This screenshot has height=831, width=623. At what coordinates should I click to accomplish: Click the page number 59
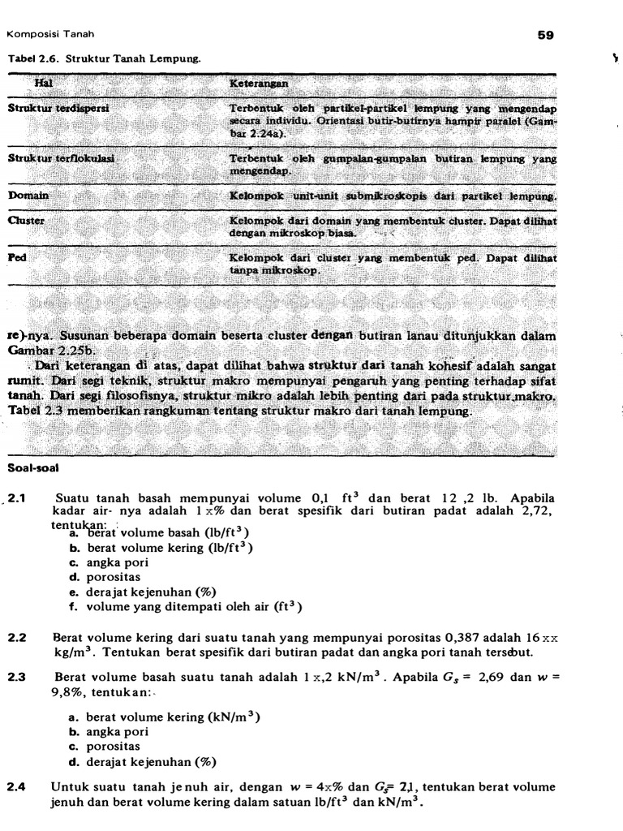click(544, 35)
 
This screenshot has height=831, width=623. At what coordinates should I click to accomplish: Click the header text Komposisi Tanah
click(50, 34)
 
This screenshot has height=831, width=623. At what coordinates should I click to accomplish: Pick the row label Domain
click(28, 196)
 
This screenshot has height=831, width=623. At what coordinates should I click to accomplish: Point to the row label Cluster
click(26, 220)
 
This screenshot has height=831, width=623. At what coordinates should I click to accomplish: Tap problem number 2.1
click(17, 497)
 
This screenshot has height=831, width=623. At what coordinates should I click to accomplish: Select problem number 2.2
click(17, 639)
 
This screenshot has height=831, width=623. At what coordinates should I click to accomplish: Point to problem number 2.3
click(17, 676)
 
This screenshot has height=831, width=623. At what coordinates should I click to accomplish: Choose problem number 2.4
click(17, 787)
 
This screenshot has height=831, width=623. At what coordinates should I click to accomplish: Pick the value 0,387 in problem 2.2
click(417, 639)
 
